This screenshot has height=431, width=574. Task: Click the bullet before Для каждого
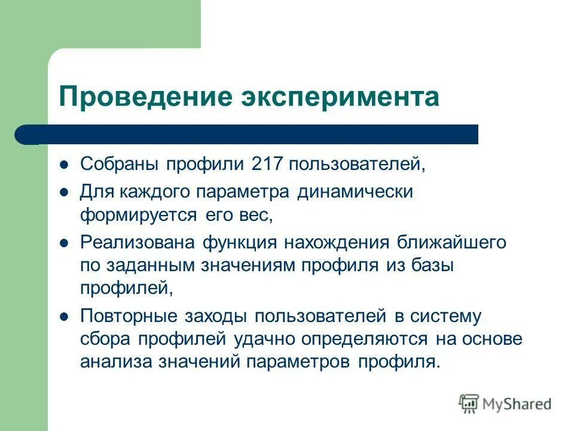pyautogui.click(x=65, y=192)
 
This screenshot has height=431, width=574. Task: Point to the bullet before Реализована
pyautogui.click(x=65, y=242)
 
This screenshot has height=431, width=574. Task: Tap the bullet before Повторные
pyautogui.click(x=65, y=315)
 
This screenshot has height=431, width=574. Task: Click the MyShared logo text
pyautogui.click(x=517, y=403)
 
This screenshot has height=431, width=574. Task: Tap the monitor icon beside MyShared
pyautogui.click(x=469, y=403)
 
